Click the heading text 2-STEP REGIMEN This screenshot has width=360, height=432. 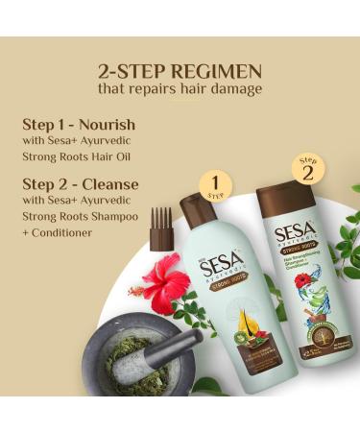pyautogui.click(x=180, y=70)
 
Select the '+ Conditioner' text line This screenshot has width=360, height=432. pyautogui.click(x=58, y=231)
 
